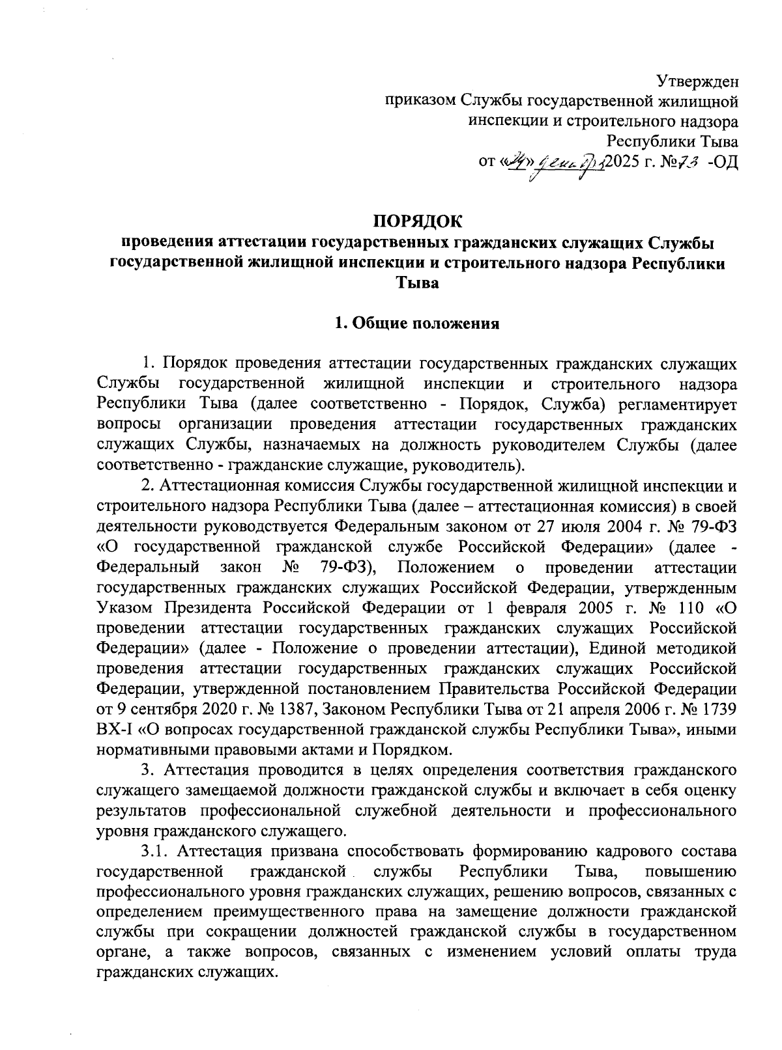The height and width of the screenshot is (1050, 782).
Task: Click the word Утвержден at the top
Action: point(697,82)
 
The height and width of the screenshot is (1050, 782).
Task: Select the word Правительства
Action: point(493,689)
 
